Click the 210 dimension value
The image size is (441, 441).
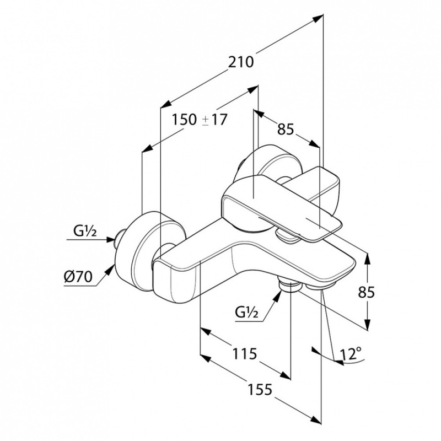241,62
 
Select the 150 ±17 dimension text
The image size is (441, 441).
200,120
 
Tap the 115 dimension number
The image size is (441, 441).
245,353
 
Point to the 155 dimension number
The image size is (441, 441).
260,390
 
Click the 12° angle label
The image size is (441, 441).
351,354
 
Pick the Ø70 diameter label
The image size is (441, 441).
78,277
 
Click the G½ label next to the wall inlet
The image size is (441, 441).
85,231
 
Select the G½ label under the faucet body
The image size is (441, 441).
246,312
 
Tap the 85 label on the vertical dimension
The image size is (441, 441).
366,292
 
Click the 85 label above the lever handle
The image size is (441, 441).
286,130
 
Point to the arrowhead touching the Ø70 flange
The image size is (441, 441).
110,270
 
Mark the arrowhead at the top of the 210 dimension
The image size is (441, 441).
318,18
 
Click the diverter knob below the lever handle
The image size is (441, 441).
287,236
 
